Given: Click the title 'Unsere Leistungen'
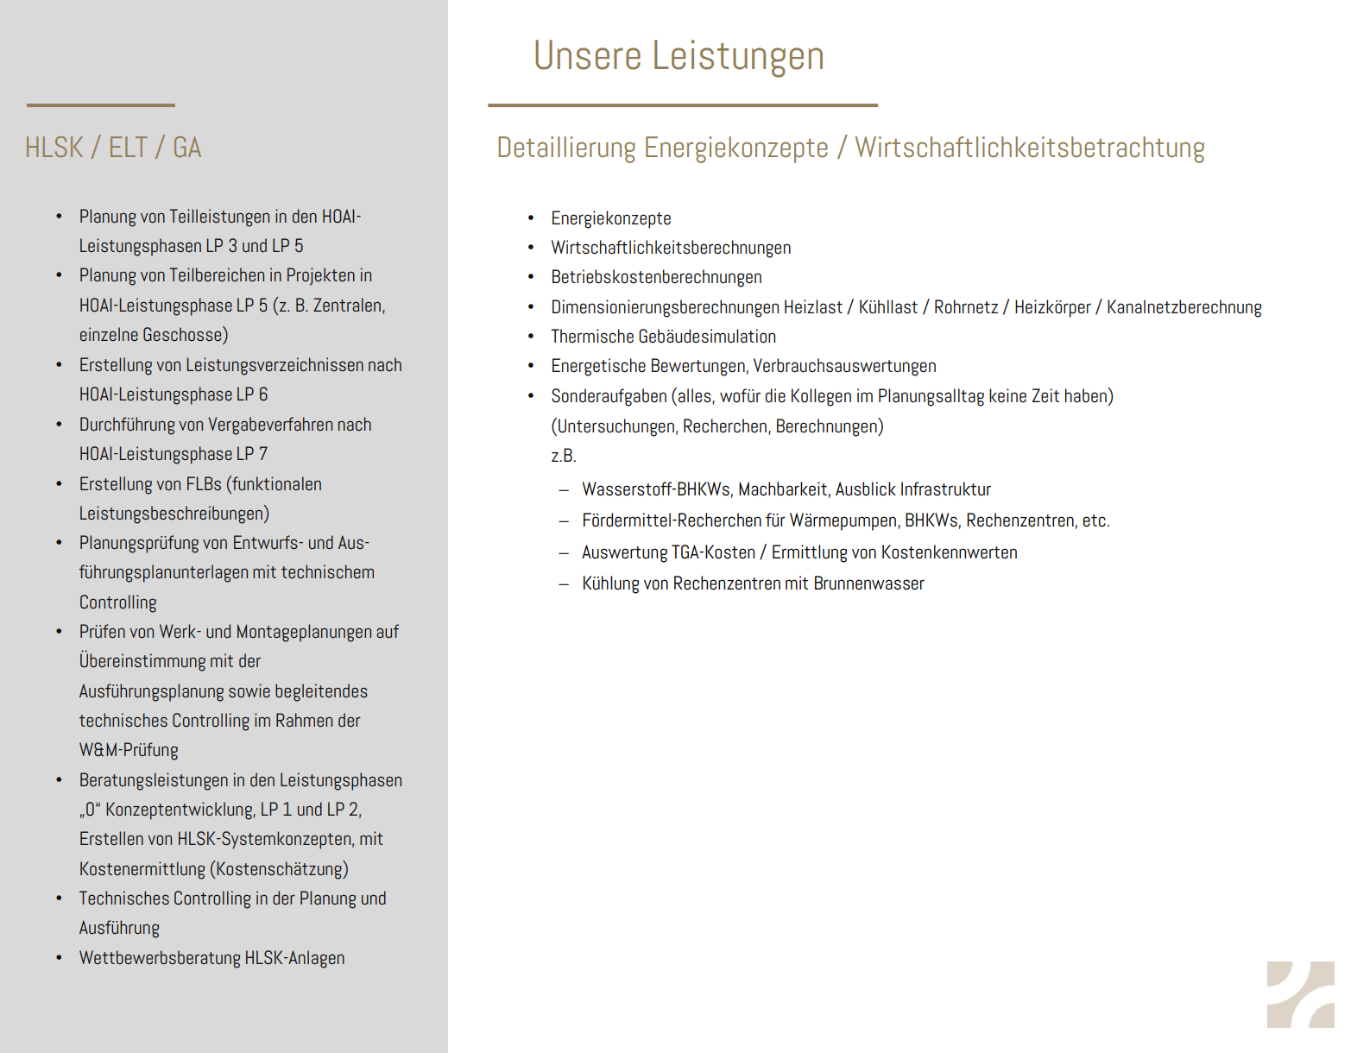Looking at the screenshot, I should tap(678, 56).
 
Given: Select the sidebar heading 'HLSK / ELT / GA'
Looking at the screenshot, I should tap(113, 148).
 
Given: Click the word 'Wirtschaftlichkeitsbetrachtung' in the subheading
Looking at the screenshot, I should tap(1029, 148).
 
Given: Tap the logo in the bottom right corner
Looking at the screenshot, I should tap(1300, 994).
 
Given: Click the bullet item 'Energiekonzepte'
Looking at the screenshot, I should tap(610, 218).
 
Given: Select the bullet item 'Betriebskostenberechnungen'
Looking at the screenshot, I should tap(656, 277).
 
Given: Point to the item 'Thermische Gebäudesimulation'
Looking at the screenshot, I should tap(663, 337).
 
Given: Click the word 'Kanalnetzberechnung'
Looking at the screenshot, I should tap(1183, 307).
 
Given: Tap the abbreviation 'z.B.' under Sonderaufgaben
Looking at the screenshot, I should tap(564, 456).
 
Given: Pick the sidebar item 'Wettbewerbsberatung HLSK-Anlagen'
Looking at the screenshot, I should tap(211, 958).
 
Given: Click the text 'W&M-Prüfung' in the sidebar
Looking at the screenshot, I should tap(129, 750).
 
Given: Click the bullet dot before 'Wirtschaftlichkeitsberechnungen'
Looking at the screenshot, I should tap(531, 248).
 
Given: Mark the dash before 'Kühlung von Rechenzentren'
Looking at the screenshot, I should tap(564, 584).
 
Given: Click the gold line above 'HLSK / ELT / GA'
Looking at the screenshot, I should tap(100, 105).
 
